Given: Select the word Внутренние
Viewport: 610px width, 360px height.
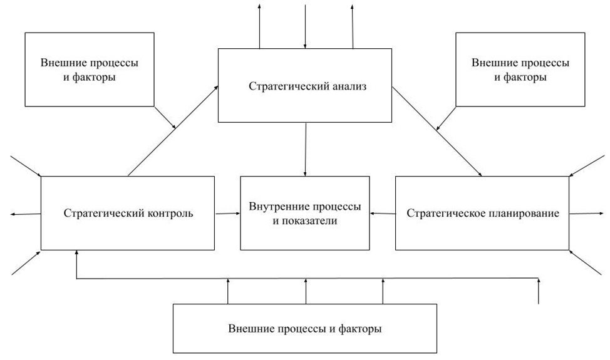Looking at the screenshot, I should (x=275, y=206).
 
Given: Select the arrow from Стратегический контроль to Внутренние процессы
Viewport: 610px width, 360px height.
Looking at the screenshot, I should (x=228, y=213).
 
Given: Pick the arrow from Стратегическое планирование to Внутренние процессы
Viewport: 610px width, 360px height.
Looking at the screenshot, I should (x=382, y=213).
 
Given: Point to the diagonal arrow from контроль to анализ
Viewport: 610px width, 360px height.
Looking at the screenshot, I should (x=173, y=131).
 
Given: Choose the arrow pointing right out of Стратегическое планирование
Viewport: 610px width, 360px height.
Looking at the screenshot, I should (x=587, y=213).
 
